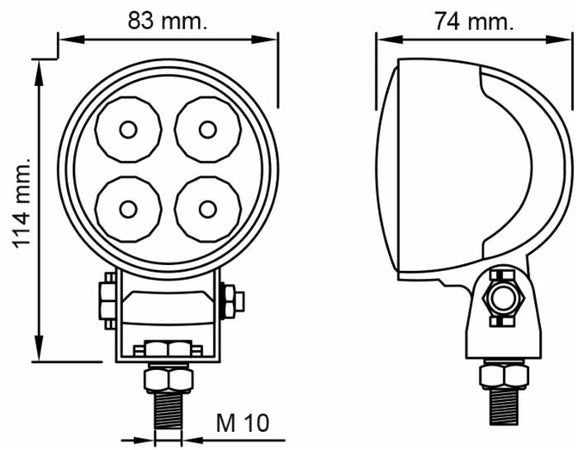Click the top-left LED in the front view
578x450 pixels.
point(129,130)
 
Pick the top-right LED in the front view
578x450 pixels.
point(205,130)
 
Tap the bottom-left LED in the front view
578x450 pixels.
point(129,207)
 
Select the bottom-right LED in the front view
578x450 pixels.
point(205,207)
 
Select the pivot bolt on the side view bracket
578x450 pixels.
point(503,298)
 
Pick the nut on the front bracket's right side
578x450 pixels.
point(232,298)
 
